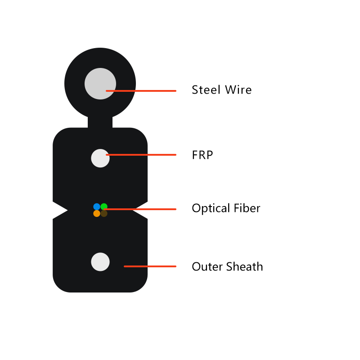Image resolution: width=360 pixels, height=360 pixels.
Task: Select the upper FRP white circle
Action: click(100, 158)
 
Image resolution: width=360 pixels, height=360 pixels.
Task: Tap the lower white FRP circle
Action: click(100, 262)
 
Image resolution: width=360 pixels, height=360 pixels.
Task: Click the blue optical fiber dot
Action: click(97, 207)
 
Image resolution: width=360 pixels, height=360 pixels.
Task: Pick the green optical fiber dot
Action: click(104, 207)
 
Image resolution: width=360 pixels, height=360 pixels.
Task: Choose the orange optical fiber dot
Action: click(97, 213)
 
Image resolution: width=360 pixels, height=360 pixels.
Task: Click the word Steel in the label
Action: click(206, 90)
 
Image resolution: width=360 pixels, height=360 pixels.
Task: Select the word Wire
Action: click(238, 90)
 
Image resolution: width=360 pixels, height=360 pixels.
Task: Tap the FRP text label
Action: click(202, 155)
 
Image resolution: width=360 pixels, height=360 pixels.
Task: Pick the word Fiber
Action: click(247, 208)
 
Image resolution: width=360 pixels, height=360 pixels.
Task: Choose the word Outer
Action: click(207, 266)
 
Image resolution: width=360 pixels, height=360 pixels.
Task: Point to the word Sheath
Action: click(244, 266)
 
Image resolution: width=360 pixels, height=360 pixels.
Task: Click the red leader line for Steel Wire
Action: click(141, 91)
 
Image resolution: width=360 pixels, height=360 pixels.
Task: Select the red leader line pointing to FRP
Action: click(141, 155)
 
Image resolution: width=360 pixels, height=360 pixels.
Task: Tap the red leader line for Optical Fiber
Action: click(140, 209)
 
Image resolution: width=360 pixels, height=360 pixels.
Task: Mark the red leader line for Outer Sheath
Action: click(150, 266)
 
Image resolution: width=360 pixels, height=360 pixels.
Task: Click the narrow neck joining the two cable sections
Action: click(100, 122)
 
